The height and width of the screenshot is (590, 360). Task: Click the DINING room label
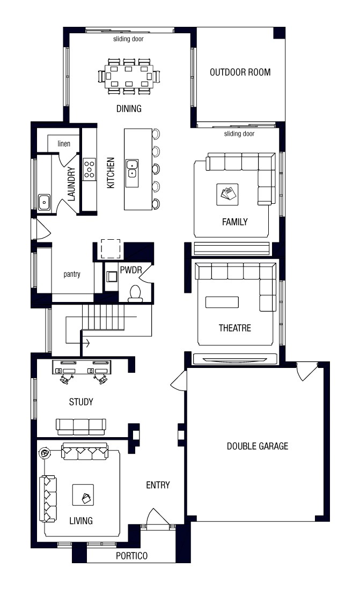129,109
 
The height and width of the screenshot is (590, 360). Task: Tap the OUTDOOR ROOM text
240,72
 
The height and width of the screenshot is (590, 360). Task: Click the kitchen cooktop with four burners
89,169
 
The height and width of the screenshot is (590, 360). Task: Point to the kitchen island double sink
131,168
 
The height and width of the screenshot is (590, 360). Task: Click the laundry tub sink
45,202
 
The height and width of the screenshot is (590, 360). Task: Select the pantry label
72,274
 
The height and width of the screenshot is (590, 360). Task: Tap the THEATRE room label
234,328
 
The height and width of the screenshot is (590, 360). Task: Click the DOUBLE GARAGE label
257,446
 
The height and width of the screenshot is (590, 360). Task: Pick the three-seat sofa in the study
81,426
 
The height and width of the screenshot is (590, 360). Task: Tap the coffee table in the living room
83,494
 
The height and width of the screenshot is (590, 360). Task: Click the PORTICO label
131,556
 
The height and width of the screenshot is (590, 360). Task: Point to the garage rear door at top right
307,371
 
